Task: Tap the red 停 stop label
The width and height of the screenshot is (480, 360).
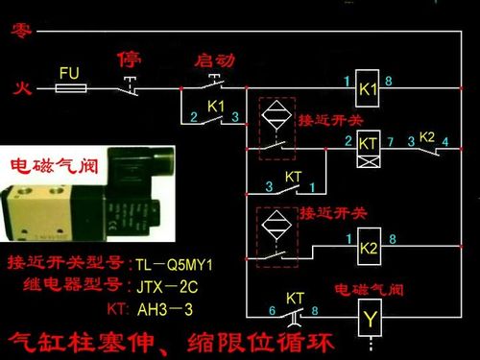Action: click(129, 60)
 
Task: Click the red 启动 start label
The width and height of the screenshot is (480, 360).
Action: click(214, 60)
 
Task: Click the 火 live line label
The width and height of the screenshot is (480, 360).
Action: click(19, 89)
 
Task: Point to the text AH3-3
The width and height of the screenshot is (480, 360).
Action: click(166, 308)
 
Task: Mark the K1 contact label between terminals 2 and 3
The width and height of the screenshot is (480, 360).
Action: click(216, 105)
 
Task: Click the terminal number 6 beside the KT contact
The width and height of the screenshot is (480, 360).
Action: click(273, 310)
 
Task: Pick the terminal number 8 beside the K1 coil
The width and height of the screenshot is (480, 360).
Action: click(391, 81)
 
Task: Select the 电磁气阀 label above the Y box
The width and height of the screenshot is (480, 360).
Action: click(369, 289)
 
